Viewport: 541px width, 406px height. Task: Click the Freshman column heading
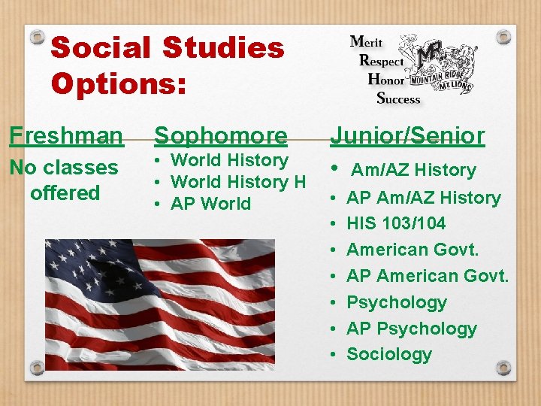point(66,136)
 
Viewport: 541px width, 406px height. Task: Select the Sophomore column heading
point(221,136)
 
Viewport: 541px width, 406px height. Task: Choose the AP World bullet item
point(211,204)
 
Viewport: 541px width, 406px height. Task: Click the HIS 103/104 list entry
point(396,223)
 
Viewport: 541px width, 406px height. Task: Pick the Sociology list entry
point(389,354)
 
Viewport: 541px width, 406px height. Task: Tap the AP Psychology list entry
point(412,329)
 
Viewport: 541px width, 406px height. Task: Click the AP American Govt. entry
point(428,276)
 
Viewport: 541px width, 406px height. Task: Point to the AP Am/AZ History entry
point(424,198)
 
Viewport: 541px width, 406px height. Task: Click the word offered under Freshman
point(65,193)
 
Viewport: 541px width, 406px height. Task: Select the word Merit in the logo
point(370,42)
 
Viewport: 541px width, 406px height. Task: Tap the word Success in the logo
point(398,98)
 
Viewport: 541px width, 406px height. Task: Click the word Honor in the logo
point(386,79)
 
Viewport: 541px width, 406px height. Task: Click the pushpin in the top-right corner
point(504,35)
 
